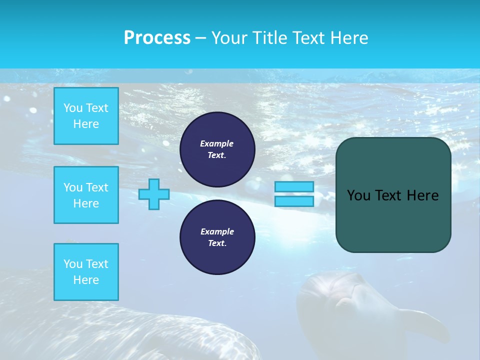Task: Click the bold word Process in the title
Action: pyautogui.click(x=157, y=37)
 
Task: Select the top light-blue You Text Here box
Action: pyautogui.click(x=86, y=116)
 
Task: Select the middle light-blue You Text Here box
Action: pyautogui.click(x=86, y=195)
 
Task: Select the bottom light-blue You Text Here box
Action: pyautogui.click(x=86, y=272)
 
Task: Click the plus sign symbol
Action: pyautogui.click(x=154, y=194)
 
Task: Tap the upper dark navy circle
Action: pyautogui.click(x=217, y=149)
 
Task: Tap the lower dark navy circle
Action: pyautogui.click(x=217, y=237)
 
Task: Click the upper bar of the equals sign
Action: pyautogui.click(x=294, y=186)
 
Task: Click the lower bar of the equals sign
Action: pyautogui.click(x=294, y=201)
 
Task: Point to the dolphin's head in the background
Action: pyautogui.click(x=340, y=295)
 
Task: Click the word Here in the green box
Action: pyautogui.click(x=422, y=195)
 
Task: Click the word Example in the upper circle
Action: pyautogui.click(x=217, y=143)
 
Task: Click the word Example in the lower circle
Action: pyautogui.click(x=217, y=231)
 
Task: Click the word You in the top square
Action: pyautogui.click(x=73, y=108)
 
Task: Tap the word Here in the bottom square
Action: pyautogui.click(x=86, y=280)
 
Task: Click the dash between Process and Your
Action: pyautogui.click(x=200, y=38)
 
